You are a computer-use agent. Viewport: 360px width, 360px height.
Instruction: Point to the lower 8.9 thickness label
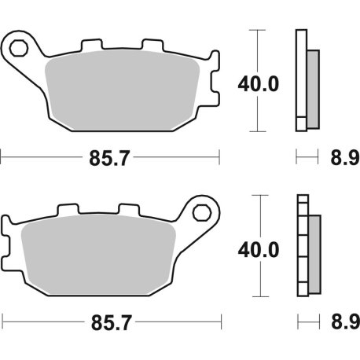[x=339, y=321]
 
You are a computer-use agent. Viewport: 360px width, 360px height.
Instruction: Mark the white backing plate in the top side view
[x=300, y=79]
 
